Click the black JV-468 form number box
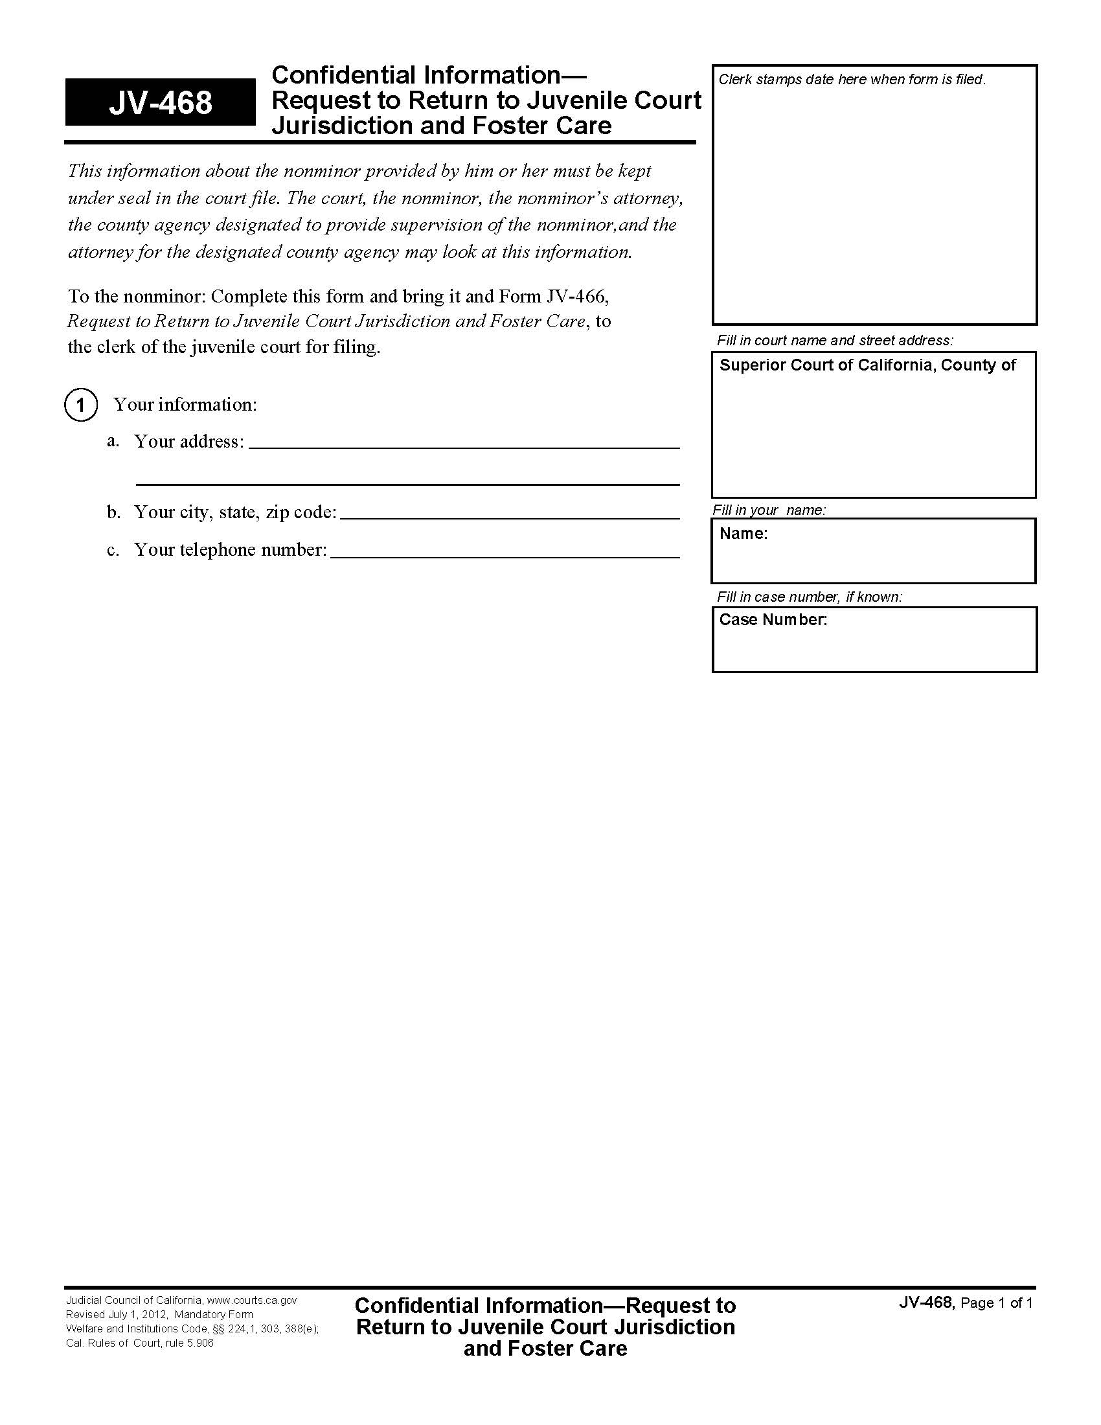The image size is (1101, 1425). coord(160,102)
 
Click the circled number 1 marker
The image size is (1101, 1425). coord(81,405)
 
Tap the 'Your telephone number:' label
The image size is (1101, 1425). coord(230,550)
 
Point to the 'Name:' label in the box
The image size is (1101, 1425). coord(743,534)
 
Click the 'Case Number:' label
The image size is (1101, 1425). coord(772,619)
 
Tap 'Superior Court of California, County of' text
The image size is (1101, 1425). coord(867,365)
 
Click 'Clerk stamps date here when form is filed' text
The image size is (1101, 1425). coord(851,80)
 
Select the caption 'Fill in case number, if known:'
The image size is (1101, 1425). coord(809,597)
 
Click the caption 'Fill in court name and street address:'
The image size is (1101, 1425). coord(834,340)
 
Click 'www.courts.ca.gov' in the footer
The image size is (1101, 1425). coord(252,1301)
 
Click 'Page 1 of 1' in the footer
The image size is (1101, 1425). coord(996,1304)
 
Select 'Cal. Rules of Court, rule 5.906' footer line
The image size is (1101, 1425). coord(140,1343)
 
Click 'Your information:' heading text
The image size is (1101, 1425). coord(185,405)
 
